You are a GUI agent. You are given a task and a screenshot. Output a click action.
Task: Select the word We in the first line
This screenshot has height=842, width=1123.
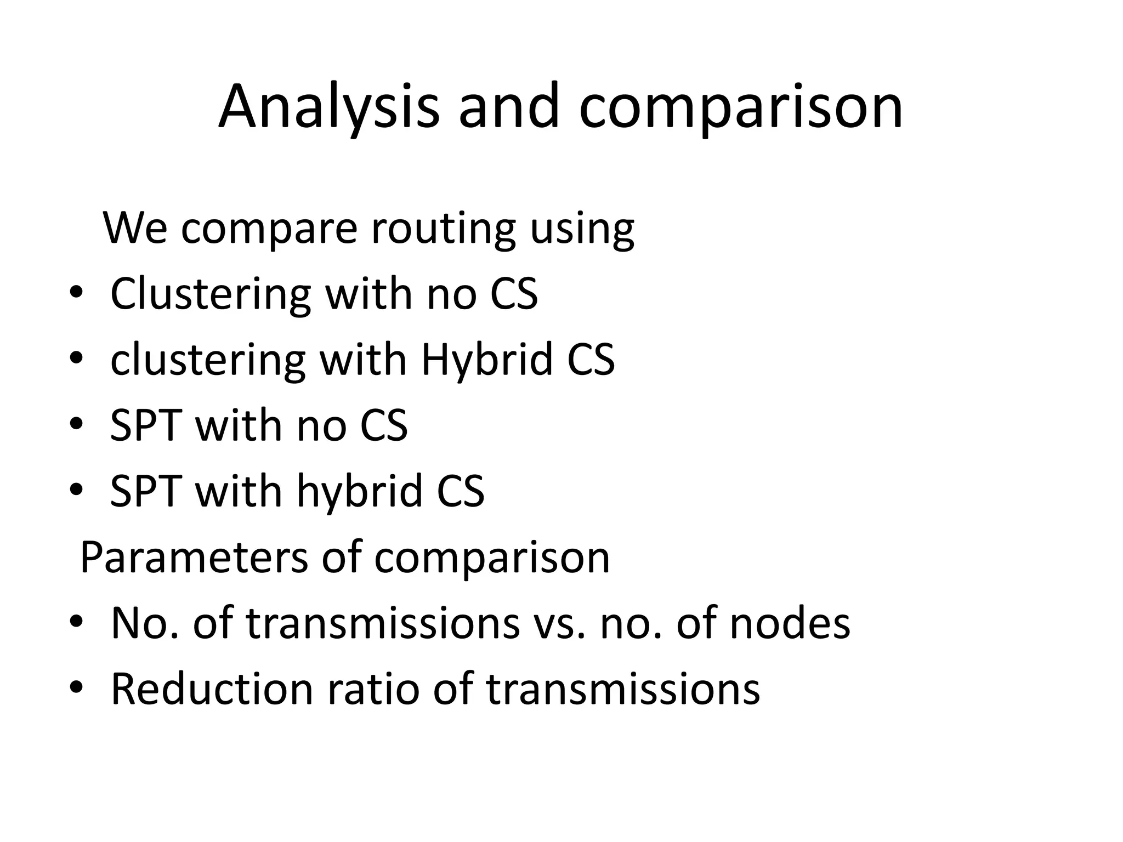135,229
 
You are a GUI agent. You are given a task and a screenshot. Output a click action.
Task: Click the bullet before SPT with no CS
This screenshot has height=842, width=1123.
76,425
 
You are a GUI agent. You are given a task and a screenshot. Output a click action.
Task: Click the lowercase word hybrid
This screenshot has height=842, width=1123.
359,491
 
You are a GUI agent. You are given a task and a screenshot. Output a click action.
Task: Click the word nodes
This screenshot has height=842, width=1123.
790,623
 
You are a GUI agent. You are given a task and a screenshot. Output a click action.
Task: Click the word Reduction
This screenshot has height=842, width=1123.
212,689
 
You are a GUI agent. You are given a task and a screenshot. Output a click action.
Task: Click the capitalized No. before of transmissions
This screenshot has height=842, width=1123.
145,623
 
